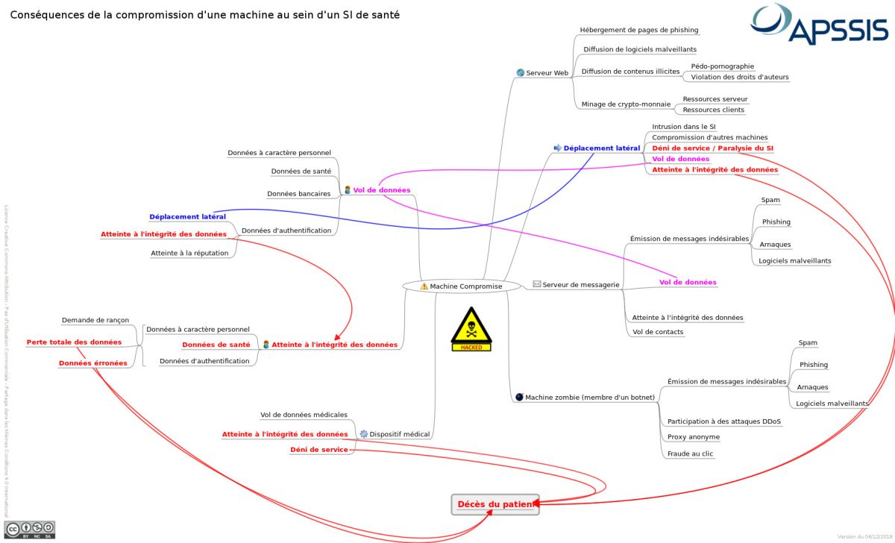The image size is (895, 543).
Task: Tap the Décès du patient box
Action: pyautogui.click(x=494, y=505)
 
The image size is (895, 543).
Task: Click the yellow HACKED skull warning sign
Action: pyautogui.click(x=471, y=329)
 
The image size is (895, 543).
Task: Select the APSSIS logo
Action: pyautogui.click(x=820, y=25)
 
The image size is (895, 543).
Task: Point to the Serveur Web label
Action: pyautogui.click(x=547, y=73)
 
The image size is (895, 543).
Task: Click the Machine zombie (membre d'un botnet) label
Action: pyautogui.click(x=589, y=398)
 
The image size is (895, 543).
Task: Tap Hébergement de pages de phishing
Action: pyautogui.click(x=639, y=30)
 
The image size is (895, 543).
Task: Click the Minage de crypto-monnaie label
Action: pyautogui.click(x=626, y=104)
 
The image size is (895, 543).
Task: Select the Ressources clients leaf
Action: pyautogui.click(x=713, y=110)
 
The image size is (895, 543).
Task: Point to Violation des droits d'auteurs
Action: pyautogui.click(x=739, y=77)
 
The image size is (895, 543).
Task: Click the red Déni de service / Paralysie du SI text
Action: pyautogui.click(x=712, y=148)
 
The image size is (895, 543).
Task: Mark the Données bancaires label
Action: pyautogui.click(x=298, y=194)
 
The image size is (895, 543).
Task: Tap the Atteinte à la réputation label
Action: pyautogui.click(x=189, y=254)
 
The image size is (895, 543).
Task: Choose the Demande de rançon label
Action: pyautogui.click(x=95, y=320)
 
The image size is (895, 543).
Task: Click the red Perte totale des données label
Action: pyautogui.click(x=74, y=342)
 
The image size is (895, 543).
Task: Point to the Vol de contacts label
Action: pyautogui.click(x=657, y=332)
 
